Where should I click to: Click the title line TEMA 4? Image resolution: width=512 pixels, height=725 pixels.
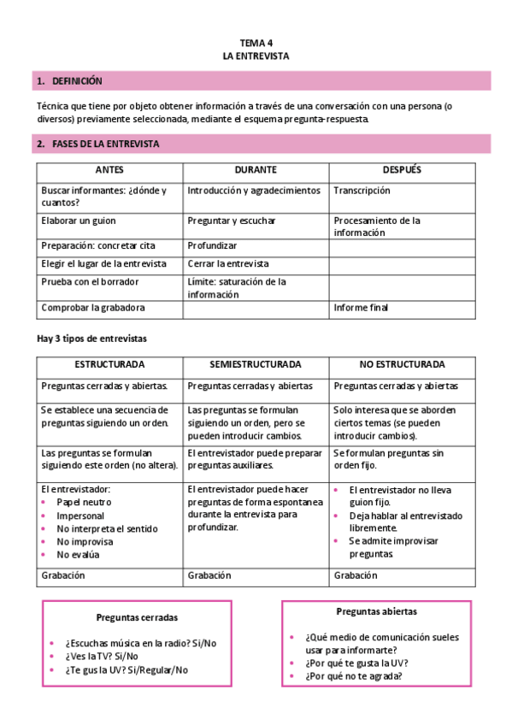tap(256, 42)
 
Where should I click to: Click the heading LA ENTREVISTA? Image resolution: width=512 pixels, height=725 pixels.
tap(256, 56)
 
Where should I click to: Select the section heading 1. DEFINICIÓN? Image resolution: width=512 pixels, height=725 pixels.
tap(69, 81)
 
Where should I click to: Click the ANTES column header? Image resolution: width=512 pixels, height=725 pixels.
tap(109, 170)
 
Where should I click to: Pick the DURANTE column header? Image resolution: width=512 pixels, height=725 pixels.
tap(256, 170)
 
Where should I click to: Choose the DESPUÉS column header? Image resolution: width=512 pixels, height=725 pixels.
tap(402, 170)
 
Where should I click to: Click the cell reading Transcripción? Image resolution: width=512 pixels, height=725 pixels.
tap(362, 191)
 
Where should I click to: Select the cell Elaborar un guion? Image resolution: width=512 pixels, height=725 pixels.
tap(78, 221)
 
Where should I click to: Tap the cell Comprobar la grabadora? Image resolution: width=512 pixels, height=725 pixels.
tap(93, 307)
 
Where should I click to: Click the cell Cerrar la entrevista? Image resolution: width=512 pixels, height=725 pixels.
tap(228, 263)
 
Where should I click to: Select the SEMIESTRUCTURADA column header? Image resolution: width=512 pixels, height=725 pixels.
tap(256, 364)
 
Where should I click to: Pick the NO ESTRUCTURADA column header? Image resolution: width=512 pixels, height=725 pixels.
tap(402, 364)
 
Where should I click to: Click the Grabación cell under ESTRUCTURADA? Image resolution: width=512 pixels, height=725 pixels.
tap(63, 575)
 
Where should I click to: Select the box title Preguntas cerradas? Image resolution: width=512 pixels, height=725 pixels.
tap(137, 616)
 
